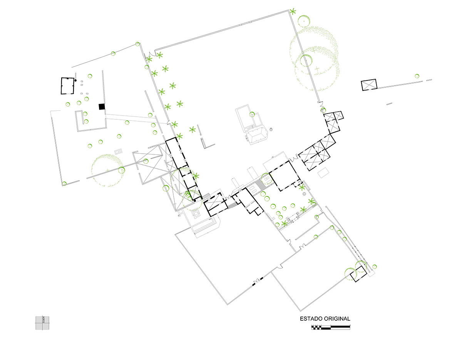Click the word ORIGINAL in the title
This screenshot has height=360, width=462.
coord(338,319)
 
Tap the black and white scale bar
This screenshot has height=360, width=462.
coord(331,327)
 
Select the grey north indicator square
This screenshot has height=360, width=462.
coord(43,323)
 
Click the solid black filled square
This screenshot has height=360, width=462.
coord(102,107)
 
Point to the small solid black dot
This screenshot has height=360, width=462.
coord(76,80)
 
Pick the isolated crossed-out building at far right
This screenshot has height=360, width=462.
coord(369,85)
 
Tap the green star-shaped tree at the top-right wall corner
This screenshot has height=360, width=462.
coord(293,11)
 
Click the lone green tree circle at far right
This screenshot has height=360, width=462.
coord(417,76)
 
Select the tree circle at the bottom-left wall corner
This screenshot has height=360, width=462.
coord(64,183)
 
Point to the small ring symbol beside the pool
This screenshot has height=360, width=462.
coord(271,129)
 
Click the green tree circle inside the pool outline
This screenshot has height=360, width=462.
coord(252,114)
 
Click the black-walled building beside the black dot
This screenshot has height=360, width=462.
coord(68,86)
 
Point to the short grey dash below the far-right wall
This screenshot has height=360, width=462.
coord(389,103)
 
